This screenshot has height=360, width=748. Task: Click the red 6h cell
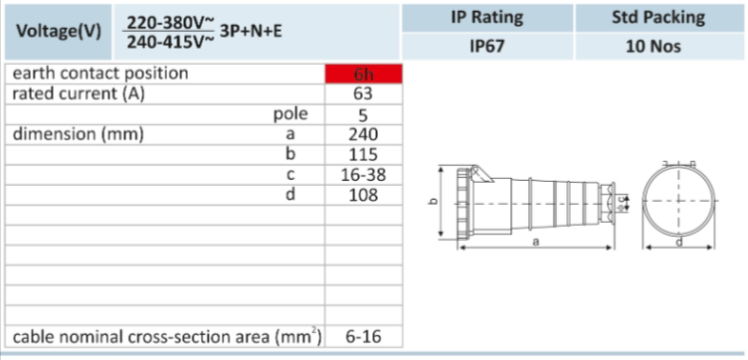pos(363,74)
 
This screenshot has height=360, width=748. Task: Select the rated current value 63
pos(363,93)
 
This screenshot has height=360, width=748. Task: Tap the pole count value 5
pos(363,114)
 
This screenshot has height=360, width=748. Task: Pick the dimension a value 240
pos(363,134)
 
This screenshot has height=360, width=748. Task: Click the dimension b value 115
pos(363,154)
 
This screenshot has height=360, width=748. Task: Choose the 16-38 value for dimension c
pos(363,175)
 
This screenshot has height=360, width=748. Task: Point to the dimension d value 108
pos(363,195)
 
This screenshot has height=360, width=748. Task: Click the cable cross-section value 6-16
pos(363,337)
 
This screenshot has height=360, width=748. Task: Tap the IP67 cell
pos(487,47)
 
